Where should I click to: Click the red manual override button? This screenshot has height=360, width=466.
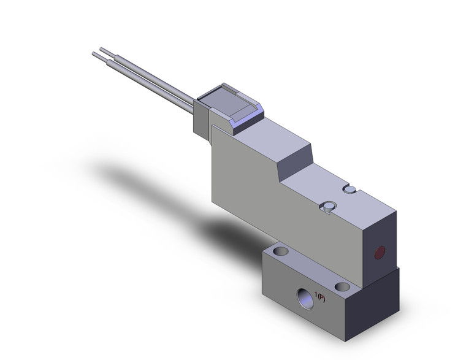pyautogui.click(x=380, y=251)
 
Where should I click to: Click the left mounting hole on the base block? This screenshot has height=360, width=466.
pyautogui.click(x=281, y=251)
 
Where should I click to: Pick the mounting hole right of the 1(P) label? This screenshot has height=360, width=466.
pyautogui.click(x=343, y=286)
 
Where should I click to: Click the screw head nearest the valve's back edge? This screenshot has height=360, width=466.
pyautogui.click(x=350, y=190)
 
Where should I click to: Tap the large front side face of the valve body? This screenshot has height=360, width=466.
pyautogui.click(x=276, y=184)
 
